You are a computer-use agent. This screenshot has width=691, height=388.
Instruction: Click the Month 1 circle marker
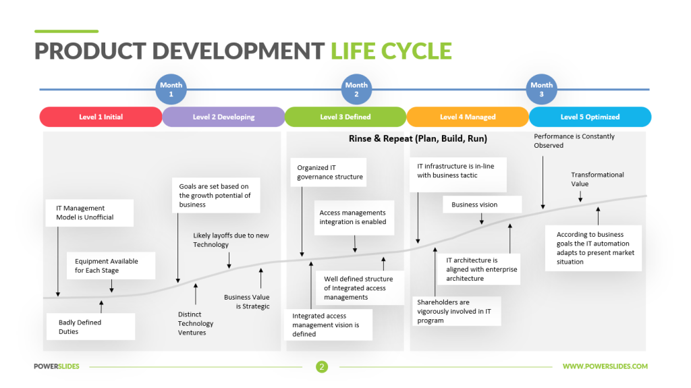click(171, 89)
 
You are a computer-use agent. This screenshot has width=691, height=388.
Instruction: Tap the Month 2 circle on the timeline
click(356, 89)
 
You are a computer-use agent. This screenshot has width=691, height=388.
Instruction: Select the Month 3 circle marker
click(541, 89)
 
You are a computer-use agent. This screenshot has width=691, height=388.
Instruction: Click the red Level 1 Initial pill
click(101, 117)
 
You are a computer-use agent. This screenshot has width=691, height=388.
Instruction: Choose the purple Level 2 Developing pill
click(223, 117)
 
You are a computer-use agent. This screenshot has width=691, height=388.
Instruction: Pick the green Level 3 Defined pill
click(345, 117)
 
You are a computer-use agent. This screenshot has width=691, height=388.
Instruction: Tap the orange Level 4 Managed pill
click(468, 117)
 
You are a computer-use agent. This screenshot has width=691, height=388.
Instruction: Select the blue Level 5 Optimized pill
click(590, 117)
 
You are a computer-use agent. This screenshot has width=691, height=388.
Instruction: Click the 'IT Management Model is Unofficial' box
click(90, 213)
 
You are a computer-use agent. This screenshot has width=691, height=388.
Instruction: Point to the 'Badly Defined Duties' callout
click(90, 327)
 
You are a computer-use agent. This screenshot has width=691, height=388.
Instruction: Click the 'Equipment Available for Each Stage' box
click(111, 266)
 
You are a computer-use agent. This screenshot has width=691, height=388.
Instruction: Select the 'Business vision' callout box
click(482, 204)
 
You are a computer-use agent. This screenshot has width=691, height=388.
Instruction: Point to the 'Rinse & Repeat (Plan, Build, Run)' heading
click(418, 138)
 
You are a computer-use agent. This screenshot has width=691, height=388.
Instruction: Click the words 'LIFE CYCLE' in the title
click(391, 51)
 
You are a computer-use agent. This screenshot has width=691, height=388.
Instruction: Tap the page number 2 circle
click(322, 366)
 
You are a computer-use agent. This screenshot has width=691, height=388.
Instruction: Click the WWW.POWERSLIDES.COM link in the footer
click(605, 366)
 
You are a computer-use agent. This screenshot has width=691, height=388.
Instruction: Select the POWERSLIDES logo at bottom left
click(57, 366)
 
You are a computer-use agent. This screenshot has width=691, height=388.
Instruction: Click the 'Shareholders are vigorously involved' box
click(457, 311)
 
